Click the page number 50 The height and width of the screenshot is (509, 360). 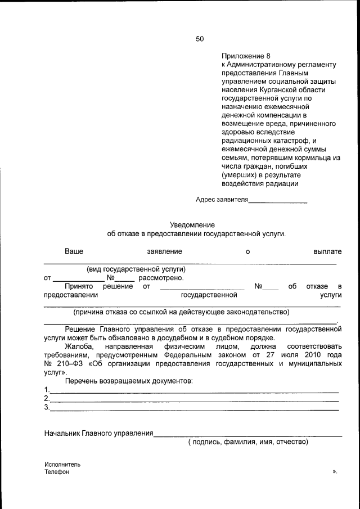pos(200,39)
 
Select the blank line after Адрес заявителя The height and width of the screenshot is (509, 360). pos(278,200)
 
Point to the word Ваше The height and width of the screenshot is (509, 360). pos(74,252)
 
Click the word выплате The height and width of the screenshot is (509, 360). pos(327,252)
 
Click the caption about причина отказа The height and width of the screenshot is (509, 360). pos(181,312)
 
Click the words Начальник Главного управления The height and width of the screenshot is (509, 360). pos(99,433)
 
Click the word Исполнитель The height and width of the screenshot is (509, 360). pos(62,465)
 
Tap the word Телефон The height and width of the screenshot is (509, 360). pos(57,472)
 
